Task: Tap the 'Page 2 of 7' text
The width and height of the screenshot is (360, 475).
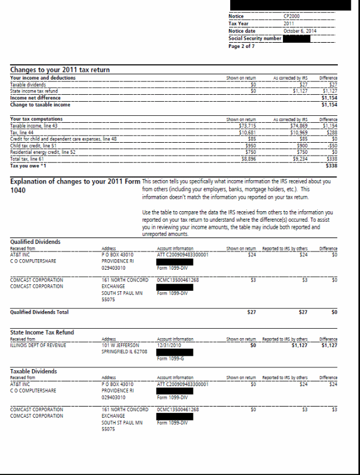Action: click(x=242, y=46)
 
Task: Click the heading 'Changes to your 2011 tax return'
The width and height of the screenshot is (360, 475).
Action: click(x=60, y=70)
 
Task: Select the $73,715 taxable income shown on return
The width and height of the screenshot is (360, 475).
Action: click(x=248, y=125)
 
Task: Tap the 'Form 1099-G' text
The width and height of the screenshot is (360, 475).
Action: click(x=170, y=359)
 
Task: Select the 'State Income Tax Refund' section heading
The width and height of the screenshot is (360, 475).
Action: click(x=43, y=332)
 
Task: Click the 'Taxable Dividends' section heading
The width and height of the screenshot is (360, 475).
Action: click(x=34, y=371)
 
